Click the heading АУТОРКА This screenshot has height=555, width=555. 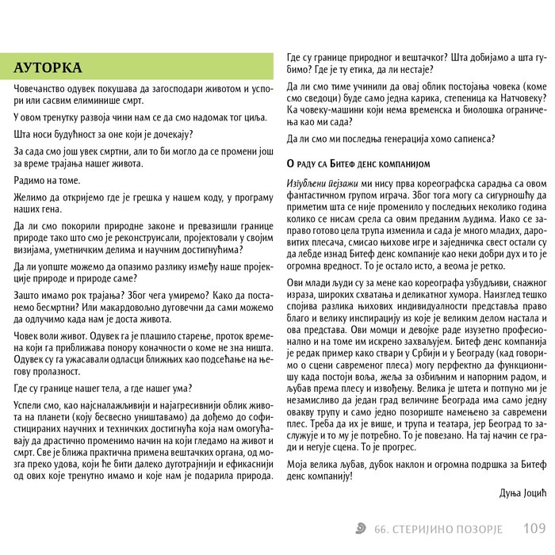click(x=47, y=67)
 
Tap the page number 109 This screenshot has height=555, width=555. click(x=534, y=527)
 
